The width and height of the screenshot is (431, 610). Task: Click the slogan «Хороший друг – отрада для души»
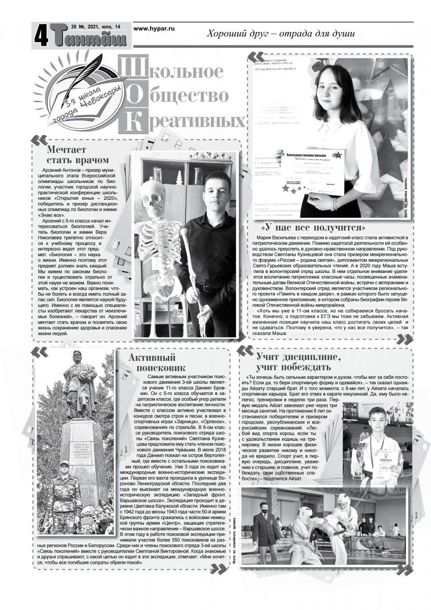point(280,34)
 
